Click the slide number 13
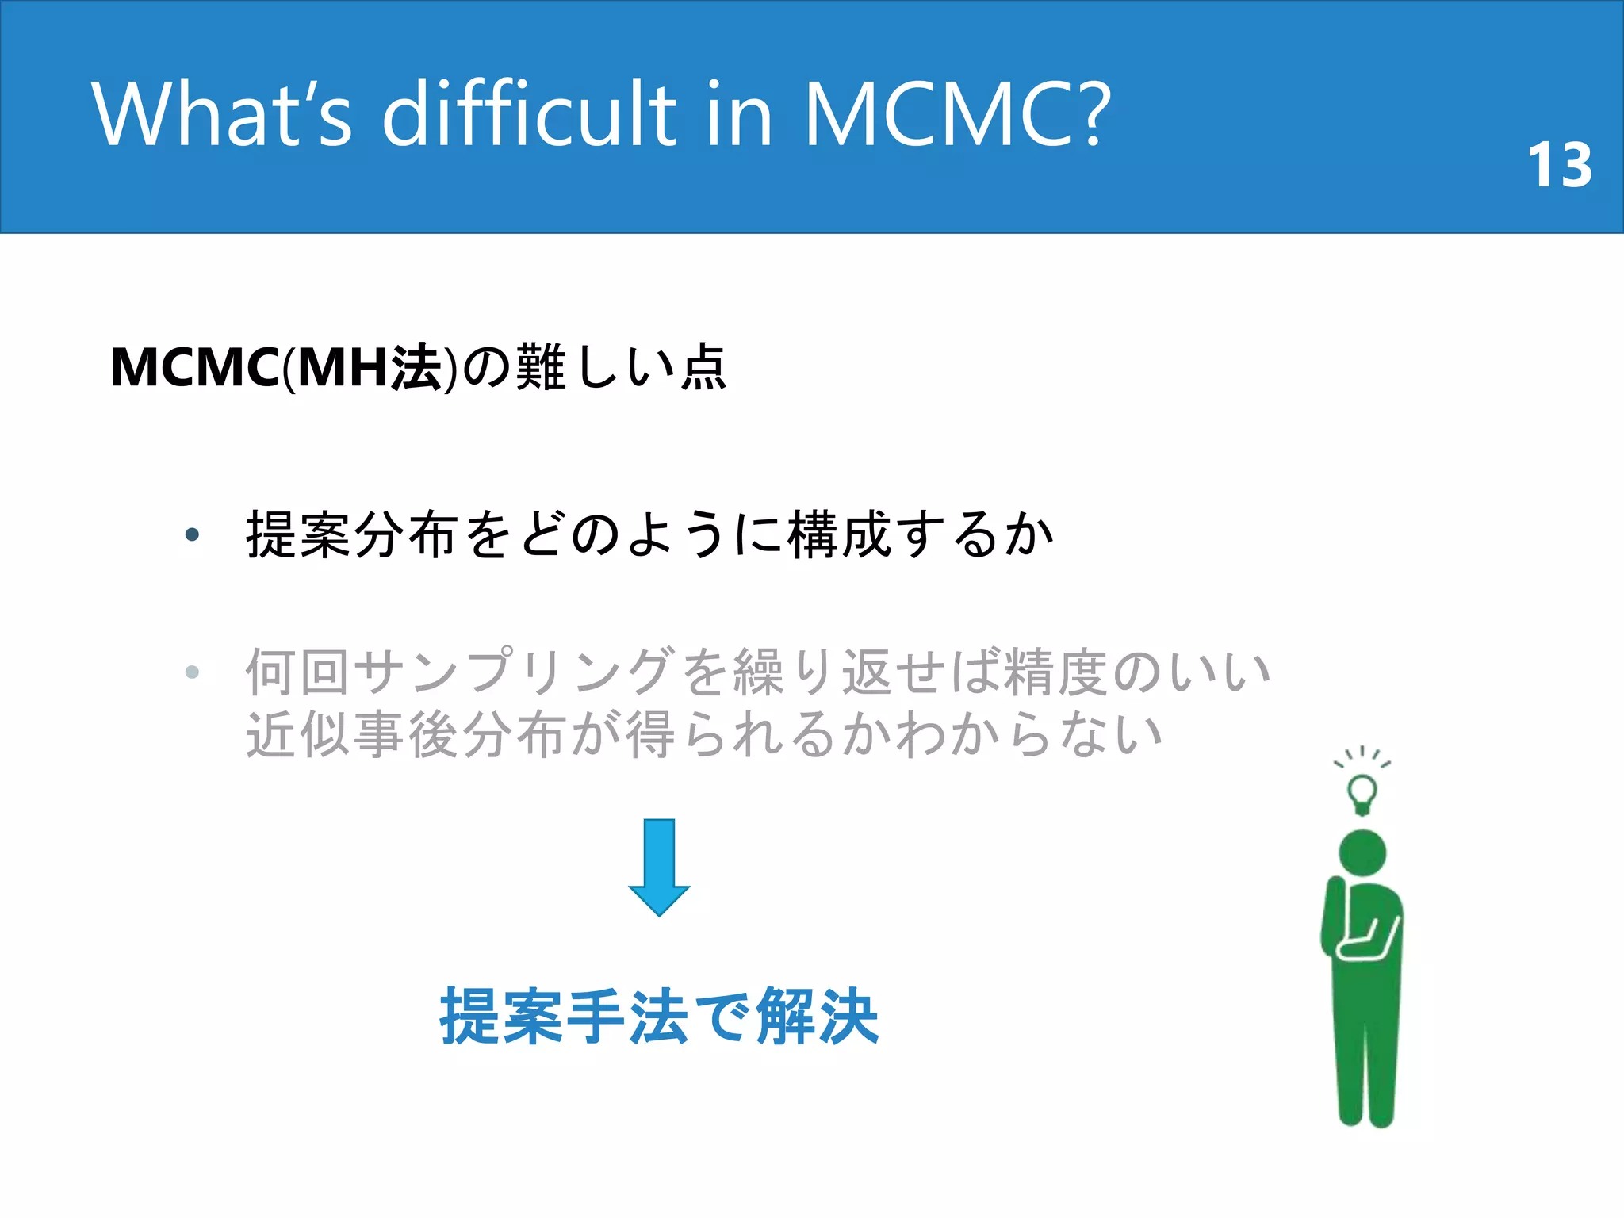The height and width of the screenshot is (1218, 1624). click(1559, 166)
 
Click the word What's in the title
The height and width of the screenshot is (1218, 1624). click(221, 115)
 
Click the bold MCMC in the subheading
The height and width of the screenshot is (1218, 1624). click(194, 369)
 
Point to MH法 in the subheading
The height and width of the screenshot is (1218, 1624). click(370, 369)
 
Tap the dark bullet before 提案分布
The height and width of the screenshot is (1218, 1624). click(192, 535)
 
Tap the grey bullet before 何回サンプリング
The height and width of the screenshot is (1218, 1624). click(192, 672)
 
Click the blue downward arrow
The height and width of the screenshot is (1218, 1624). click(659, 868)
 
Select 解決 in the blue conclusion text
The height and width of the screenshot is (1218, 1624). click(817, 1017)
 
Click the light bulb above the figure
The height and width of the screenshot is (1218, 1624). click(1362, 792)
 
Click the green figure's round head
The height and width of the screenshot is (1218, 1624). click(1362, 853)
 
